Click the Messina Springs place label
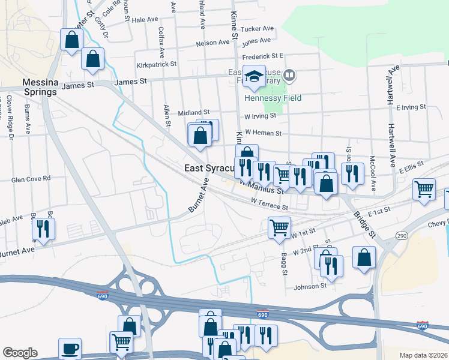39,87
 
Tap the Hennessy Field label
273,98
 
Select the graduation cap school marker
255,76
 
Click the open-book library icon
289,76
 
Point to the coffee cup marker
70,349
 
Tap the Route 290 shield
401,236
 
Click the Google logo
20,353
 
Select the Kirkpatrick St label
156,64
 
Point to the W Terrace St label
270,206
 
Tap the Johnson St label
310,287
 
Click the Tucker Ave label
256,28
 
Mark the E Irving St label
411,107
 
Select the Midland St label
193,112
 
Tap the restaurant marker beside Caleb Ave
43,229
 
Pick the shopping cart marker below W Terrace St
279,228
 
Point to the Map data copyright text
423,355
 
